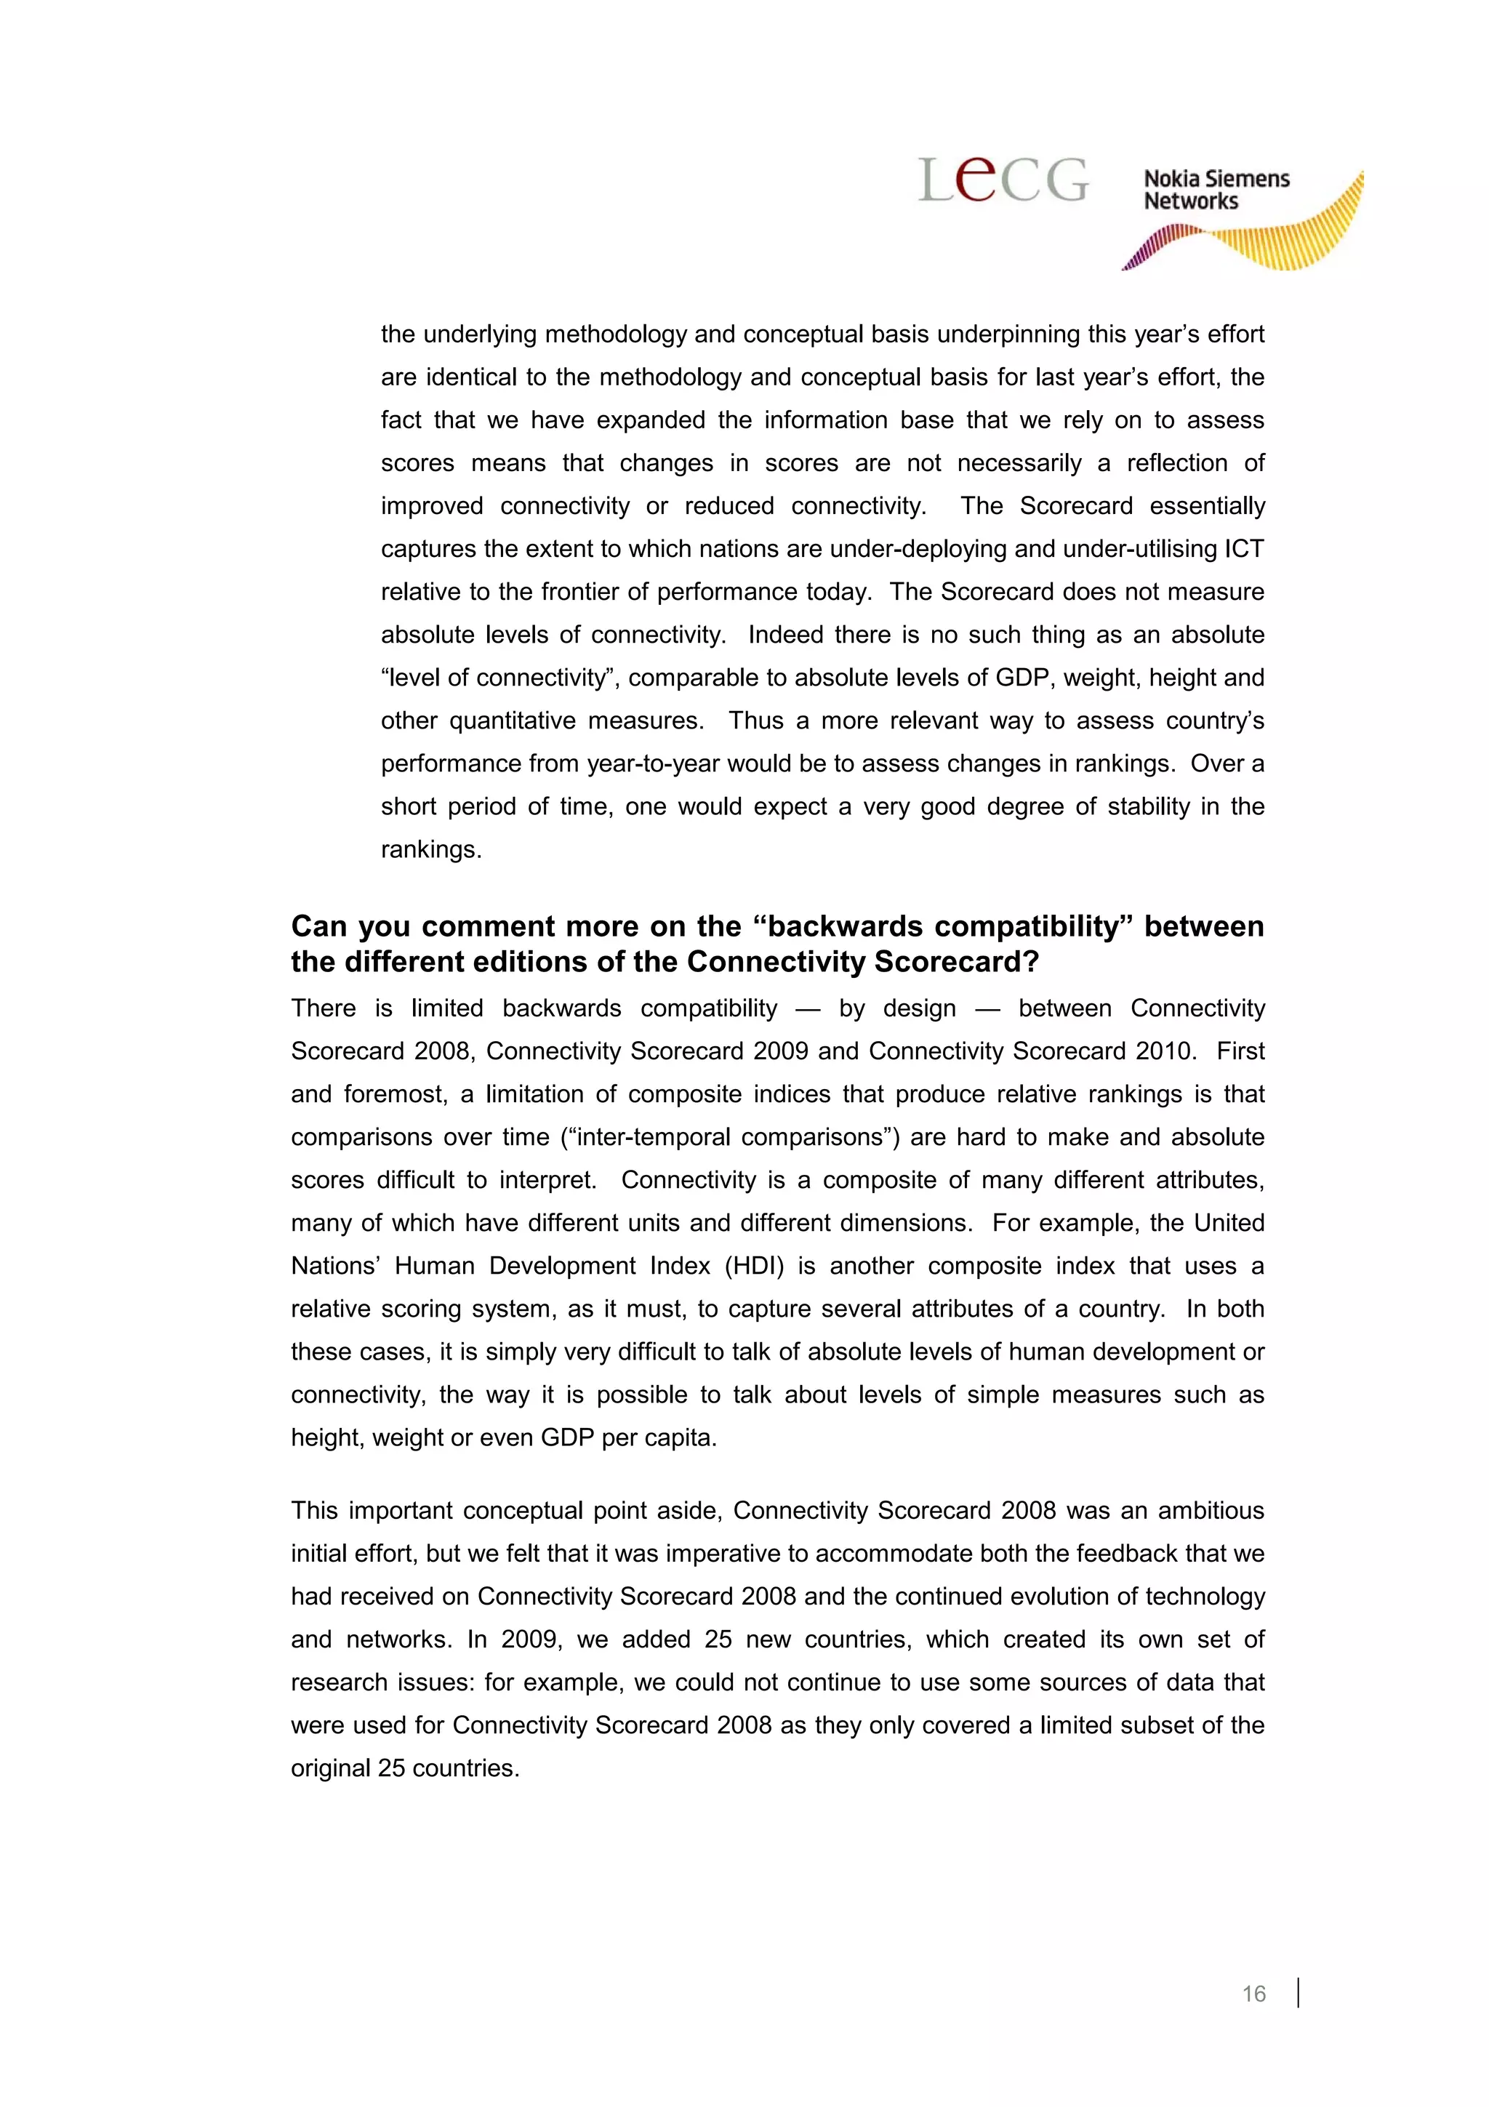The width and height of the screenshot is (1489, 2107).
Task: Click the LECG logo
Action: [x=1003, y=179]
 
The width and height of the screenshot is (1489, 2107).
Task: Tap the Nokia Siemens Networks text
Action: [x=1216, y=190]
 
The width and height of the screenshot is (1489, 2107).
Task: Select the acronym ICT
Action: [x=1244, y=549]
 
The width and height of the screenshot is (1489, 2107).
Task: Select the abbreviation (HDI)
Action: [x=754, y=1267]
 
